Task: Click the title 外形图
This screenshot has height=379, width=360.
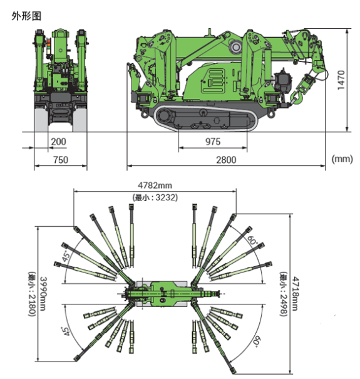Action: pos(26,16)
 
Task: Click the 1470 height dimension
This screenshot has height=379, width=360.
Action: pos(341,80)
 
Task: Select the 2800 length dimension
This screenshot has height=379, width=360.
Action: pos(226,160)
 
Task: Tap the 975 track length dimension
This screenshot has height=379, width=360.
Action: pos(213,142)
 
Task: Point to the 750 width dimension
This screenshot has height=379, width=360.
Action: pos(61,160)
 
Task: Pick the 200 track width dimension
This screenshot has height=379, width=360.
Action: pos(58,142)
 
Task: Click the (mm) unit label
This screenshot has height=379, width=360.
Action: pos(342,158)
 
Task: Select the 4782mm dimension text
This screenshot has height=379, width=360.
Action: pos(155,185)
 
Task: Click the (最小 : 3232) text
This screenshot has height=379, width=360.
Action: pos(155,197)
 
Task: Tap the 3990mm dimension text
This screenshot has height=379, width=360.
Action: pos(43,294)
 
